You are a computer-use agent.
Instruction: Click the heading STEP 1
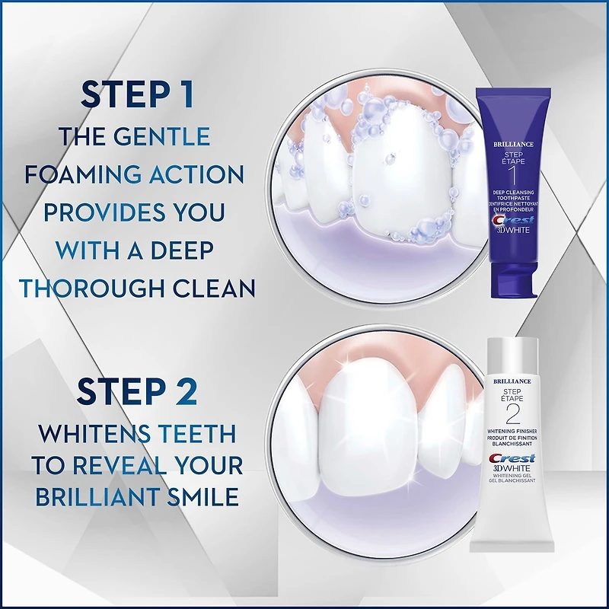pyautogui.click(x=137, y=94)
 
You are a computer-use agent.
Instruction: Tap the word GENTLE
pyautogui.click(x=161, y=136)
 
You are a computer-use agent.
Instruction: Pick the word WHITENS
pyautogui.click(x=94, y=433)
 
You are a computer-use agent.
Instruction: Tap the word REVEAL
pyautogui.click(x=120, y=465)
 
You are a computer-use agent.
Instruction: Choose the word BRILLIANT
pyautogui.click(x=97, y=497)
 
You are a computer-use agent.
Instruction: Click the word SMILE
pyautogui.click(x=203, y=497)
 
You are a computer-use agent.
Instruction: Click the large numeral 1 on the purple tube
pyautogui.click(x=513, y=176)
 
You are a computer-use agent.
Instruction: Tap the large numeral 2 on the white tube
pyautogui.click(x=512, y=414)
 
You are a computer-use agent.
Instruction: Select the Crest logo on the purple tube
pyautogui.click(x=513, y=220)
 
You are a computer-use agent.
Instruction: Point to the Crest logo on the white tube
pyautogui.click(x=512, y=458)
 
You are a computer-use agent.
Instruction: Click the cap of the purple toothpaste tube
pyautogui.click(x=513, y=279)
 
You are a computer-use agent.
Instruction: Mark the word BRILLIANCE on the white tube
pyautogui.click(x=512, y=381)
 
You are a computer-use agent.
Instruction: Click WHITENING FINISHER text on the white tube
pyautogui.click(x=512, y=431)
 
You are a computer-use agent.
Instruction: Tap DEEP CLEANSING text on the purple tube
pyautogui.click(x=513, y=193)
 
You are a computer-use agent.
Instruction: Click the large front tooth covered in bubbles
pyautogui.click(x=403, y=171)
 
